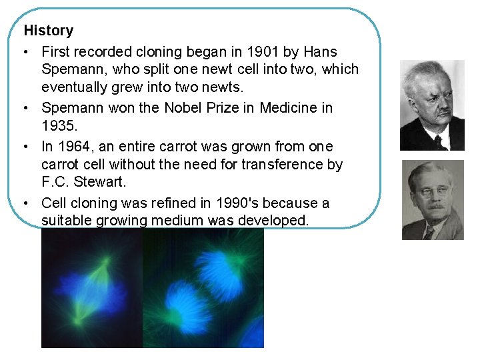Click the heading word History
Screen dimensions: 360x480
[49, 31]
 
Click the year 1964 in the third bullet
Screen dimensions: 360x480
[76, 147]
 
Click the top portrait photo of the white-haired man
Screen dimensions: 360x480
[431, 105]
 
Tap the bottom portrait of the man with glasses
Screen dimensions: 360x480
[432, 199]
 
